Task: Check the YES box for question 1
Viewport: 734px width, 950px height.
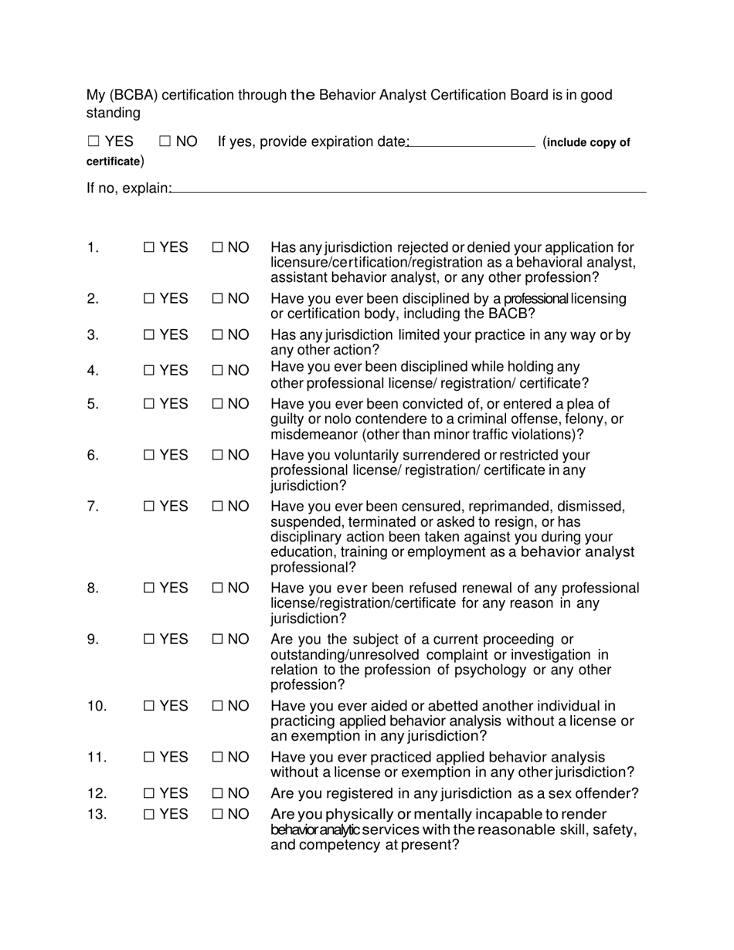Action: (150, 248)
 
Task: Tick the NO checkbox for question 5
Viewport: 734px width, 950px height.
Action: (218, 404)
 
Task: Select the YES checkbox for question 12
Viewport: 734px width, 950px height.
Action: (150, 794)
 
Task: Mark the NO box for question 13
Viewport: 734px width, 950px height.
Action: (218, 814)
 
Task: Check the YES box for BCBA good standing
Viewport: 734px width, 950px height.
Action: (93, 141)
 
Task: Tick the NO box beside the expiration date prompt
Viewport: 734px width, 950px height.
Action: (165, 141)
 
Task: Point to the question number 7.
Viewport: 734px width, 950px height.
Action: (93, 507)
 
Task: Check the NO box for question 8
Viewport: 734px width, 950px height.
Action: (218, 589)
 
